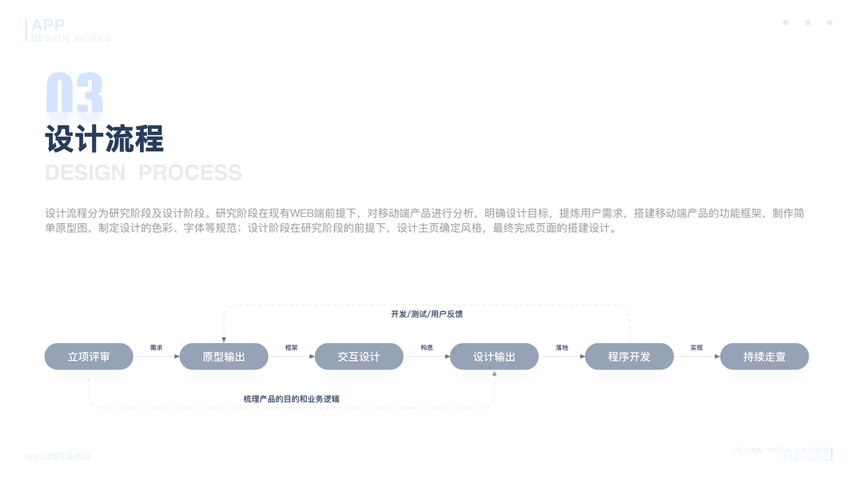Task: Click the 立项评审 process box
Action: [x=88, y=357]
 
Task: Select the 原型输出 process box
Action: [x=224, y=357]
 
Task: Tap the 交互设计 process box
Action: [x=359, y=357]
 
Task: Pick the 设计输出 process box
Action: [x=494, y=357]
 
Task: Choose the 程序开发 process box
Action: [x=629, y=357]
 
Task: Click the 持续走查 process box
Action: [x=764, y=357]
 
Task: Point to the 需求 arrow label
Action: [x=157, y=348]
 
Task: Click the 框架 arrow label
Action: [x=292, y=348]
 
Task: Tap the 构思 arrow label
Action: [x=427, y=348]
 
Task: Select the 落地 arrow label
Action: [x=562, y=348]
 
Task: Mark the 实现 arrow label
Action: [x=696, y=348]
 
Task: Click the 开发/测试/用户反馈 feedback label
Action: [x=427, y=314]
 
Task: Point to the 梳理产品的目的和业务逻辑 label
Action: [x=297, y=398]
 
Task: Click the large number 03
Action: [x=74, y=94]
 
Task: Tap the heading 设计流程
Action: [x=105, y=139]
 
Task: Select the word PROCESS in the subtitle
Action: [x=190, y=173]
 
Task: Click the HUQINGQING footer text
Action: [x=58, y=457]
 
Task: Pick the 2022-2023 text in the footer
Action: [x=806, y=458]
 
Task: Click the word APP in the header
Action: [x=48, y=26]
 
